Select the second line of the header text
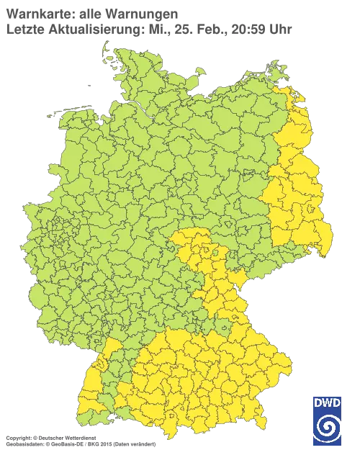pyautogui.click(x=148, y=29)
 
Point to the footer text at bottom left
pyautogui.click(x=79, y=438)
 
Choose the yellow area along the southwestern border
pyautogui.click(x=92, y=382)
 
